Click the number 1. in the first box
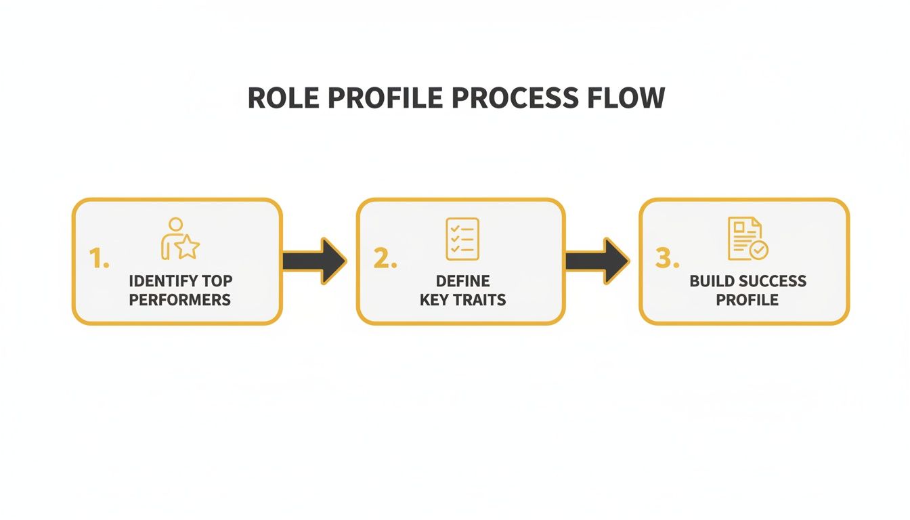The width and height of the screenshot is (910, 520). click(x=99, y=259)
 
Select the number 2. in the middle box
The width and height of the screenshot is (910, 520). click(x=385, y=259)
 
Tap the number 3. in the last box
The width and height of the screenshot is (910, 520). click(x=667, y=259)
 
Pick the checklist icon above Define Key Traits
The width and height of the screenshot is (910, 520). click(x=462, y=238)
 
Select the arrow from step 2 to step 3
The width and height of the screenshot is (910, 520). click(x=597, y=261)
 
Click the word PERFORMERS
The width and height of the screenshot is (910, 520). click(x=179, y=300)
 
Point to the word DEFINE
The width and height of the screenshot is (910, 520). click(x=462, y=281)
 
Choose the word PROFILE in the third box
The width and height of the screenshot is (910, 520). click(x=747, y=300)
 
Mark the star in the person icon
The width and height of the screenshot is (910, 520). click(x=188, y=248)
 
